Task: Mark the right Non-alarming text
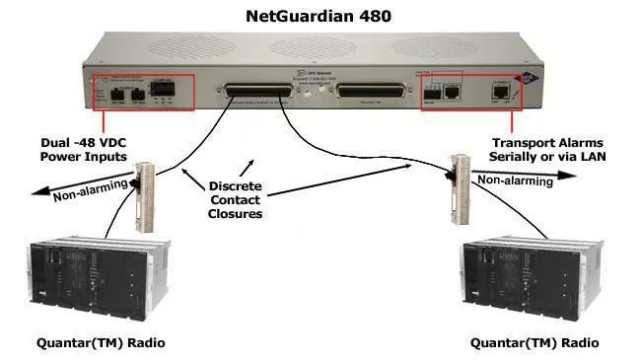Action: [507, 180]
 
